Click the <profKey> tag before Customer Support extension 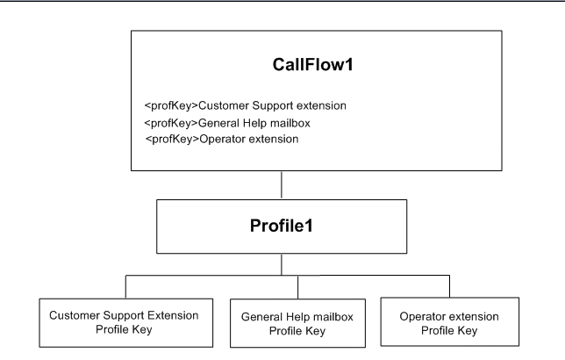(169, 106)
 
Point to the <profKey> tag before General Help (169, 122)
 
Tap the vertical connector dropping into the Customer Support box (125, 287)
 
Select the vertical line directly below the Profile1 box (281, 266)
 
